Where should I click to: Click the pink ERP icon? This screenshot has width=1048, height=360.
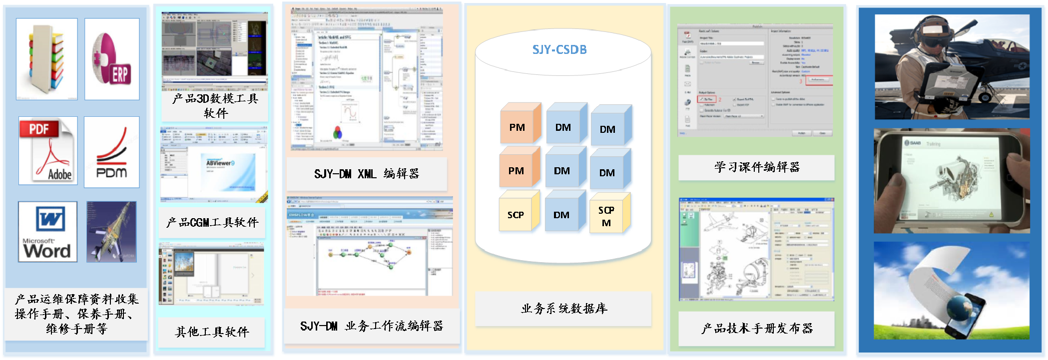[x=112, y=59]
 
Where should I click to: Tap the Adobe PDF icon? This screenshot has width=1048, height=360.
[x=48, y=151]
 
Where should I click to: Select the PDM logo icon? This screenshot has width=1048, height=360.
[x=111, y=152]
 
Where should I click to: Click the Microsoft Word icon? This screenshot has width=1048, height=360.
[x=47, y=232]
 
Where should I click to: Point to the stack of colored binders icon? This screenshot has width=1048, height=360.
[x=46, y=59]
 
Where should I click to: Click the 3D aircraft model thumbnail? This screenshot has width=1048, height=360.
[x=111, y=232]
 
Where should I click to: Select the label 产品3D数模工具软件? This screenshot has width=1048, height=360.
[x=215, y=106]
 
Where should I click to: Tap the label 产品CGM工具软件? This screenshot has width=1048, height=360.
[x=213, y=222]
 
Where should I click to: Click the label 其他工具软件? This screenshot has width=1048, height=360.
[x=212, y=332]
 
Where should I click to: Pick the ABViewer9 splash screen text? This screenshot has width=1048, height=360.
[x=220, y=163]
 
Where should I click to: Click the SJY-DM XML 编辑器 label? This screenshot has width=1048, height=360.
[x=366, y=174]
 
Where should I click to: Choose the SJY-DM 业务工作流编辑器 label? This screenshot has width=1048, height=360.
[x=371, y=326]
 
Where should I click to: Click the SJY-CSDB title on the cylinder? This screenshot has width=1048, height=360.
[x=559, y=50]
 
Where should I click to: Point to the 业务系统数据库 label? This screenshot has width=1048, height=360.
[x=564, y=309]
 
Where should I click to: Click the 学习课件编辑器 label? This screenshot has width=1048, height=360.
[x=756, y=167]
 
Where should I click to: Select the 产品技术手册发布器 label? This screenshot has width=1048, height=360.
[x=756, y=328]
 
